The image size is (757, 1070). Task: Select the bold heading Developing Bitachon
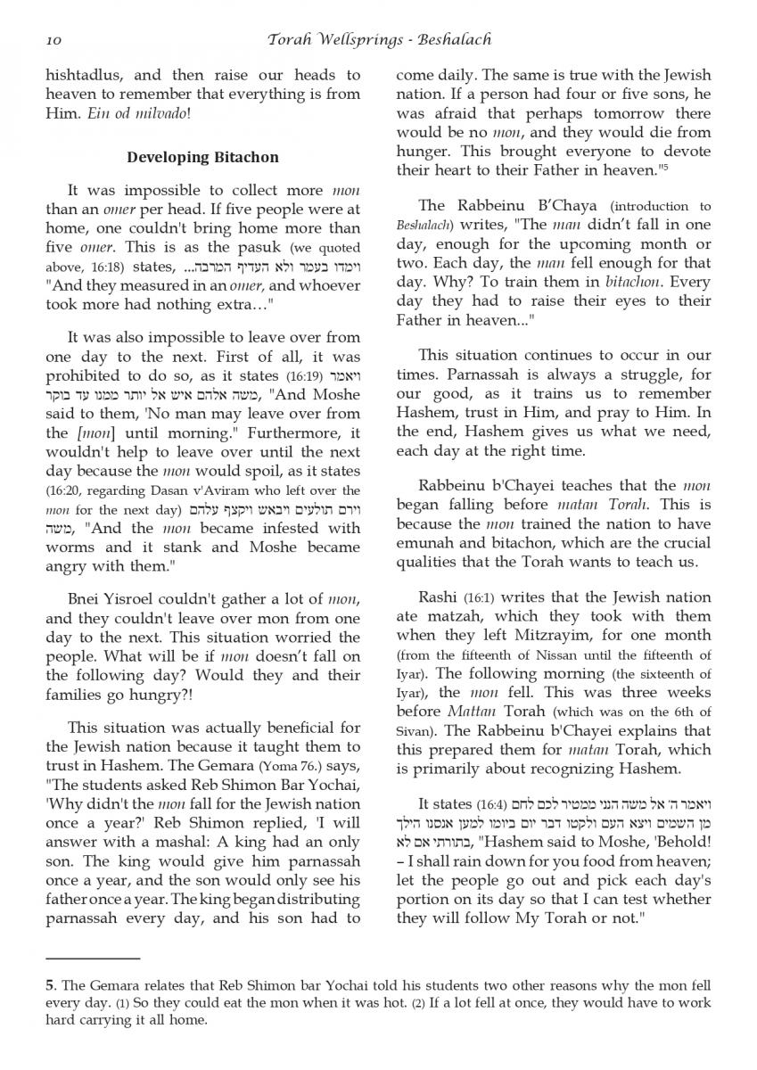pyautogui.click(x=202, y=157)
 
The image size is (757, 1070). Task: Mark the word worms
pyautogui.click(x=70, y=547)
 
